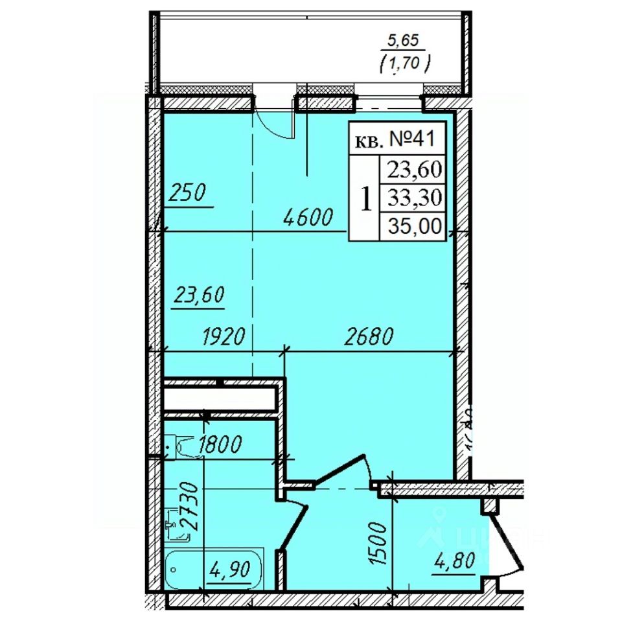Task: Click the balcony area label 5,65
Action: click(402, 41)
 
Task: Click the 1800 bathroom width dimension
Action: click(220, 444)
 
